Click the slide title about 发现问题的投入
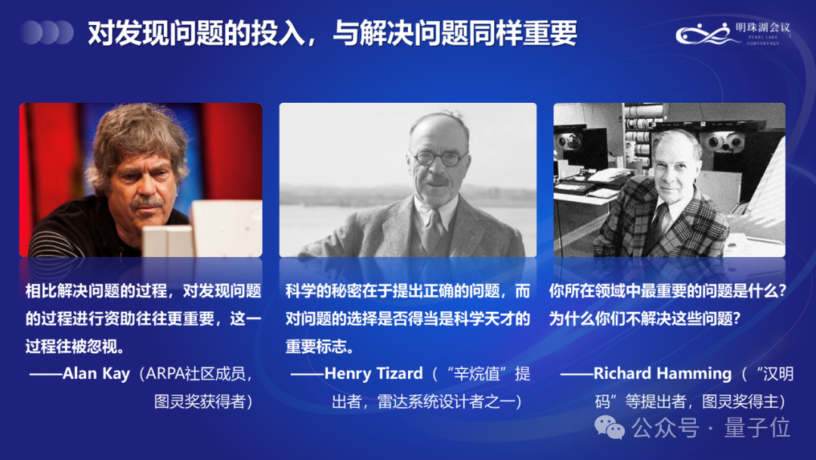(x=332, y=33)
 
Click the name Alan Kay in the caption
(x=97, y=374)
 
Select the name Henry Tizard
(x=373, y=374)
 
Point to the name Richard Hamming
(x=663, y=374)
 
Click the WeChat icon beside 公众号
(x=610, y=427)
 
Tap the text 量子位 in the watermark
(x=757, y=427)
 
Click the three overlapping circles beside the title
(x=47, y=33)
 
